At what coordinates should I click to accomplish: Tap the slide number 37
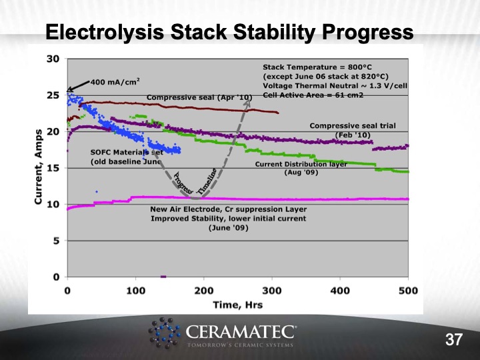454,340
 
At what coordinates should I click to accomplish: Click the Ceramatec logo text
243,331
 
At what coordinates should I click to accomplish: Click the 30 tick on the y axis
54,59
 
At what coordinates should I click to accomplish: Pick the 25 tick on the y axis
54,95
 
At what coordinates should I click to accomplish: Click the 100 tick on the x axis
135,291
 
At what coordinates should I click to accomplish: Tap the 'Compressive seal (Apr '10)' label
199,98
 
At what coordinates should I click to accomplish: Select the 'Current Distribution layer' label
301,164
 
